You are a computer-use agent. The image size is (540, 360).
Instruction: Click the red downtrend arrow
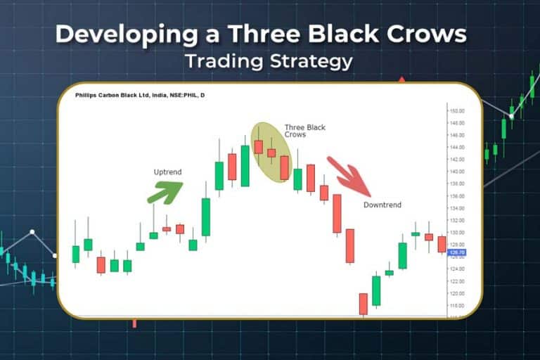[x=348, y=176]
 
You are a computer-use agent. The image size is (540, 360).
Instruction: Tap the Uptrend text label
[x=167, y=172]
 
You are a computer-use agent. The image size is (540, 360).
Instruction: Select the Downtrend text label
[x=382, y=205]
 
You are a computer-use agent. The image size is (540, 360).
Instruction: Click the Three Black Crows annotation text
[x=300, y=131]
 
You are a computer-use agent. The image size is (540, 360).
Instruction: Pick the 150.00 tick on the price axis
[x=458, y=111]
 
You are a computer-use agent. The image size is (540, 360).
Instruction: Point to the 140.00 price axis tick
[x=458, y=172]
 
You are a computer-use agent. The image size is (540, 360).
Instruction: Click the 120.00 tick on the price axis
[x=458, y=293]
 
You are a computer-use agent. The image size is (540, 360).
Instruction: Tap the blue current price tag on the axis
[x=458, y=252]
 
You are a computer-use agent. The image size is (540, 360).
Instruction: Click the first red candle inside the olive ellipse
[x=258, y=146]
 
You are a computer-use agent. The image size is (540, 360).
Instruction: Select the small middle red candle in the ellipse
[x=271, y=153]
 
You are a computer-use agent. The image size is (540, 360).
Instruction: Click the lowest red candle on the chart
[x=364, y=304]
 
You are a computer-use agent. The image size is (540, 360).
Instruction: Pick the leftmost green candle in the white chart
[x=76, y=254]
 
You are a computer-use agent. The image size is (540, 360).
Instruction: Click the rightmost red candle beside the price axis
[x=442, y=244]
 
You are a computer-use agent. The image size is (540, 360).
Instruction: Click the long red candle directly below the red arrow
[x=337, y=213]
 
